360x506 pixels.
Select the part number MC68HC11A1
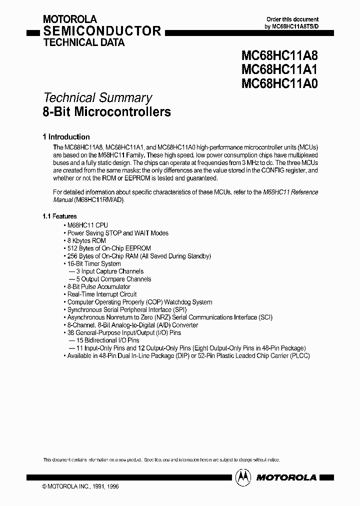pos(279,69)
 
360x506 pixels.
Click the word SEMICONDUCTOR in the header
pos(102,31)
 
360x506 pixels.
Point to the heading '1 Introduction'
pos(66,136)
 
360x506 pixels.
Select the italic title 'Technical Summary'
pos(97,98)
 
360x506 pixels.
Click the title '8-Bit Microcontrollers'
pos(106,111)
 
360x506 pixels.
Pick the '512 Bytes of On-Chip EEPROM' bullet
pos(108,248)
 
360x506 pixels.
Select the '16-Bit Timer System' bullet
pos(93,263)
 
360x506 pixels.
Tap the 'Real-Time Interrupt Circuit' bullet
pos(101,294)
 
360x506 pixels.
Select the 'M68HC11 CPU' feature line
pos(86,225)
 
